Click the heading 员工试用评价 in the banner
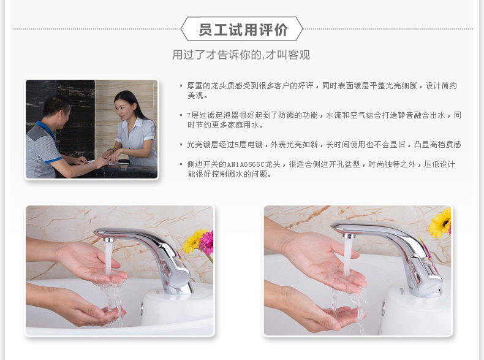point(243,29)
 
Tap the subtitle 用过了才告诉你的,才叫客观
point(241,55)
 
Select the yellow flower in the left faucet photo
point(192,241)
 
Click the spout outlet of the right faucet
point(347,234)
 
